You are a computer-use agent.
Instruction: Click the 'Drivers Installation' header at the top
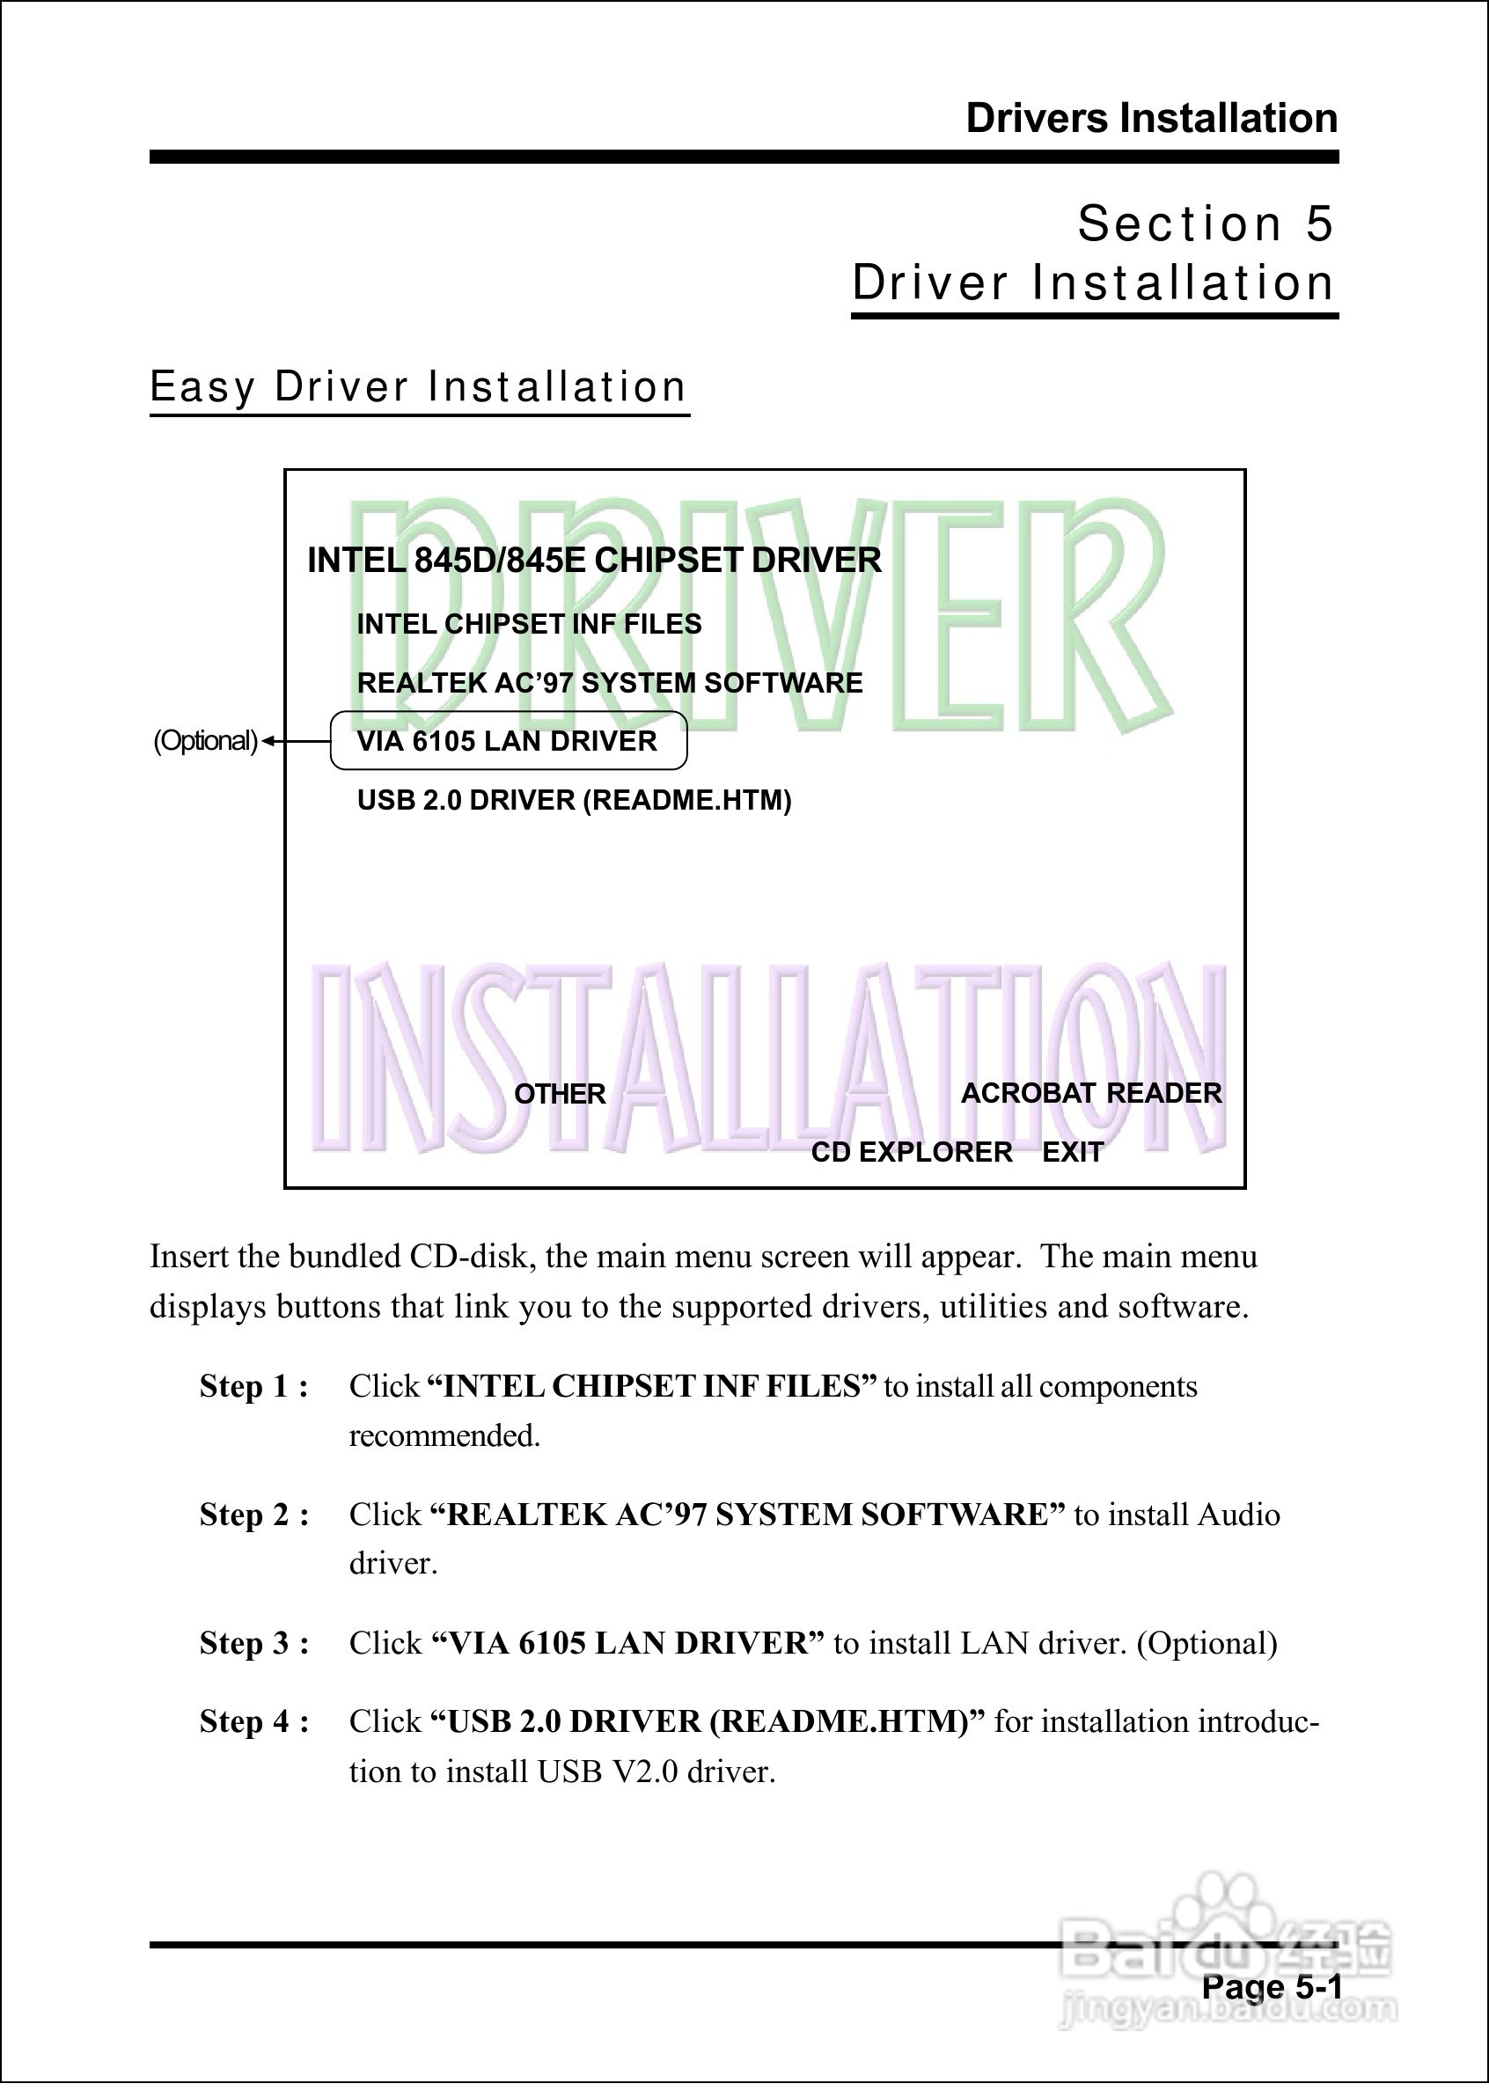pos(1151,119)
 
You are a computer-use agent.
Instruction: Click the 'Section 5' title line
pos(1205,224)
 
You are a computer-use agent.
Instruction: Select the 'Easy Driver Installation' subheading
pos(418,387)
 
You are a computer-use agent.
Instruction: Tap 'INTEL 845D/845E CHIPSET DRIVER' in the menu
pos(594,560)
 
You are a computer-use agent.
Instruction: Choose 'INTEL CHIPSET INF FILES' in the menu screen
pos(529,624)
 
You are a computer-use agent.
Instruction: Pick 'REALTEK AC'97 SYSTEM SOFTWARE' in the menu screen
pos(610,683)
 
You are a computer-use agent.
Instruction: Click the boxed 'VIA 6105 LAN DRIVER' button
pos(508,741)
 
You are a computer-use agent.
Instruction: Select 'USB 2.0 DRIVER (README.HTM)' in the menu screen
pos(574,800)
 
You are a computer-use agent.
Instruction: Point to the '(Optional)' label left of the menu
pos(205,741)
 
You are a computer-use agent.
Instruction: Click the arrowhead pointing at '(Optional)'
pos(268,741)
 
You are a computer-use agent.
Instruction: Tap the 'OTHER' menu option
pos(560,1094)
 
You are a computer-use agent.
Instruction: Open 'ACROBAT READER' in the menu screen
pos(1091,1093)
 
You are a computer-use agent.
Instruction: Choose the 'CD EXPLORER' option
pos(912,1151)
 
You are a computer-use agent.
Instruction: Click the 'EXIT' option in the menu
pos(1073,1151)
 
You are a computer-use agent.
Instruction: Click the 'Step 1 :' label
pos(254,1386)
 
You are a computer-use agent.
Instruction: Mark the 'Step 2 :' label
pos(254,1515)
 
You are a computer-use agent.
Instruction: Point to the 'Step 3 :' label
pos(254,1643)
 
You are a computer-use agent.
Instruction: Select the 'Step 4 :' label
pos(254,1721)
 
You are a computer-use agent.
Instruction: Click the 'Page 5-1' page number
pos(1272,1986)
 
